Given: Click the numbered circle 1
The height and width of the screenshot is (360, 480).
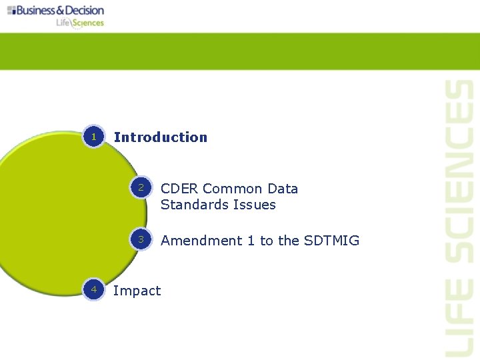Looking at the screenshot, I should pos(94,137).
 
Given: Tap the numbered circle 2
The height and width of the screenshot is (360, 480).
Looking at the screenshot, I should pos(141,189).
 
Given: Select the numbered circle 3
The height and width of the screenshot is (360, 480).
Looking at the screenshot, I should pos(141,240).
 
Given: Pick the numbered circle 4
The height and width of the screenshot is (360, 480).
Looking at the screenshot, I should pos(94,289).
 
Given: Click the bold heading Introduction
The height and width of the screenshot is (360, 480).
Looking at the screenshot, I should pos(161,137).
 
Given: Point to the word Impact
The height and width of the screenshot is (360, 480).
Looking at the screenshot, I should pos(137,291).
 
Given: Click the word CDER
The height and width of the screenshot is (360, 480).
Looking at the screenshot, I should pos(179,189).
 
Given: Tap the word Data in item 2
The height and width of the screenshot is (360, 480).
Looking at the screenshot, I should pos(283,189).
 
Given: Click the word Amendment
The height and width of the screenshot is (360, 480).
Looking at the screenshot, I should pos(201,241).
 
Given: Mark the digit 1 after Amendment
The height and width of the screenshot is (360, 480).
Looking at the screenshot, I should pos(251,241).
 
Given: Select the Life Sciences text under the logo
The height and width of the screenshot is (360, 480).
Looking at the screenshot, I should pos(80,23).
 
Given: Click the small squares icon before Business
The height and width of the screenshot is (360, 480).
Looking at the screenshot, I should pos(11,11).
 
